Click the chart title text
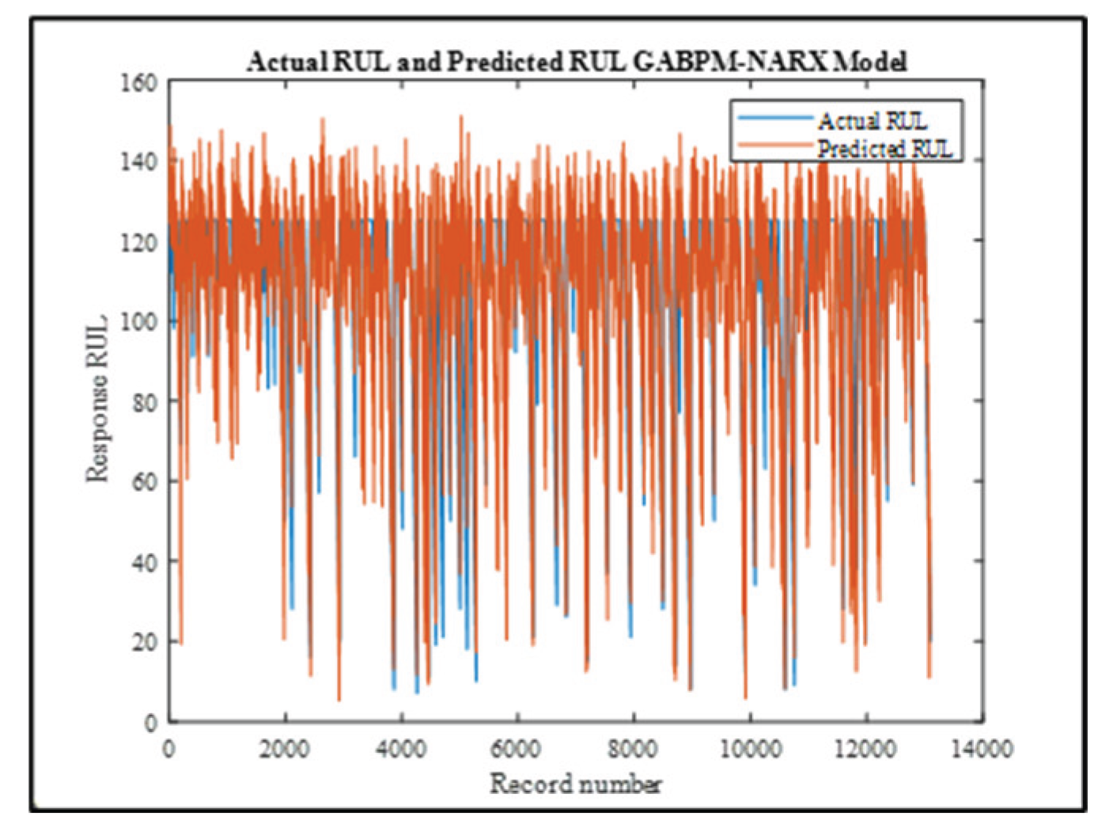click(576, 61)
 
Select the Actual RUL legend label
click(872, 120)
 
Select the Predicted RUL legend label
click(884, 148)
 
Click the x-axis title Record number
click(576, 784)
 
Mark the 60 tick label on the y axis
click(144, 481)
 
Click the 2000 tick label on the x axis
click(284, 748)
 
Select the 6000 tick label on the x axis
click(517, 748)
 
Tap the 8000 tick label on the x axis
click(633, 748)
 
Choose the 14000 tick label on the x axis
click(982, 748)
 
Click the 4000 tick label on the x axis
click(400, 748)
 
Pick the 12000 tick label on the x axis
click(865, 748)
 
